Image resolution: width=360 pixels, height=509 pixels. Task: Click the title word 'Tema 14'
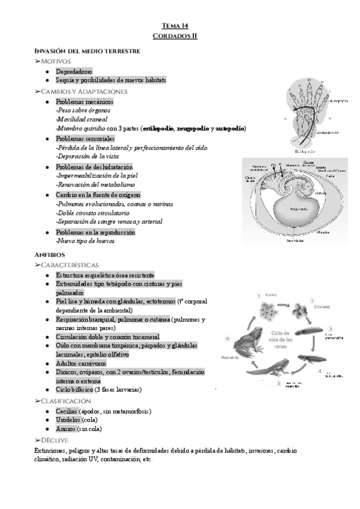pyautogui.click(x=179, y=25)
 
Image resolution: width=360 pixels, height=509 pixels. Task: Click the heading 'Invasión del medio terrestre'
pyautogui.click(x=88, y=51)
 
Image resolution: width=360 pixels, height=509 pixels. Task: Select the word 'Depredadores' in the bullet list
pyautogui.click(x=74, y=71)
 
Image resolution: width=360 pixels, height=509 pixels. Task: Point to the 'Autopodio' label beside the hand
pyautogui.click(x=338, y=102)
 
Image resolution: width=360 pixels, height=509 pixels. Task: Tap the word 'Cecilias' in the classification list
pyautogui.click(x=67, y=411)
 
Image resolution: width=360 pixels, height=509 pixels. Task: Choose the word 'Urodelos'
pyautogui.click(x=69, y=420)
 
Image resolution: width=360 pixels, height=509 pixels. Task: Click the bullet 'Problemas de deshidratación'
pyautogui.click(x=94, y=166)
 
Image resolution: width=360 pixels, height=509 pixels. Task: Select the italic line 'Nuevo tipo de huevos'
pyautogui.click(x=85, y=241)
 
